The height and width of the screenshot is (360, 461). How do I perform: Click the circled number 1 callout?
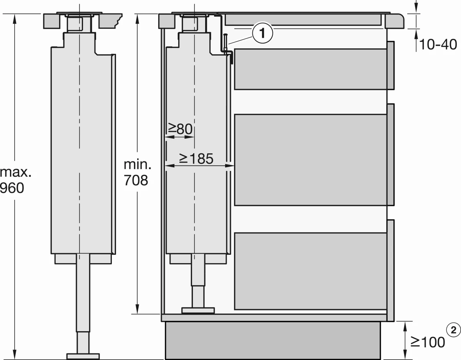262,33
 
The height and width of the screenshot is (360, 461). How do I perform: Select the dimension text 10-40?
438,45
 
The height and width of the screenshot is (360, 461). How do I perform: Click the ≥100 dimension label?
428,342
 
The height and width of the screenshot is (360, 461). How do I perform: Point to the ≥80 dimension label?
180,129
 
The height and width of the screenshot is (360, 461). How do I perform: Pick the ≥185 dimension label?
196,158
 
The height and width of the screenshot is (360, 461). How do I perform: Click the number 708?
136,180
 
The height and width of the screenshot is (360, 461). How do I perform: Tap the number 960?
12,188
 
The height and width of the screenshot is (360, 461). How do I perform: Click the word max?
15,172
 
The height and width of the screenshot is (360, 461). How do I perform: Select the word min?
138,164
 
